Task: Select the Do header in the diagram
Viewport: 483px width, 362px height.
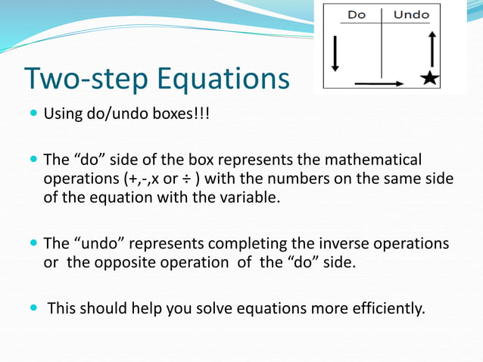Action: (x=357, y=14)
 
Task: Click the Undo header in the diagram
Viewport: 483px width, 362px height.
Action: (x=412, y=14)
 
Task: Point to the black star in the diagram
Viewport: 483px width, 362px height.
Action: (x=430, y=78)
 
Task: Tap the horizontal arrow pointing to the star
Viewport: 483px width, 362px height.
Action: (x=379, y=82)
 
